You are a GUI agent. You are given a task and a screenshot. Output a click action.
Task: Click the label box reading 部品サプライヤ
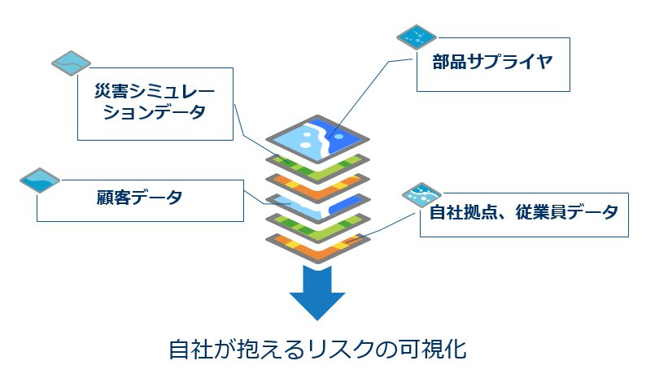pyautogui.click(x=491, y=63)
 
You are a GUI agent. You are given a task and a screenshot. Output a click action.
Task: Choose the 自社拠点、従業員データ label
pyautogui.click(x=524, y=214)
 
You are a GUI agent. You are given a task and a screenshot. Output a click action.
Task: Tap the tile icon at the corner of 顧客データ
pyautogui.click(x=40, y=180)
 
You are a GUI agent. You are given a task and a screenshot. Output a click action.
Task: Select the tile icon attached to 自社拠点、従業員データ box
pyautogui.click(x=421, y=194)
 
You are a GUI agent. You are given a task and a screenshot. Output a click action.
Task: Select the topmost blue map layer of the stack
pyautogui.click(x=317, y=138)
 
